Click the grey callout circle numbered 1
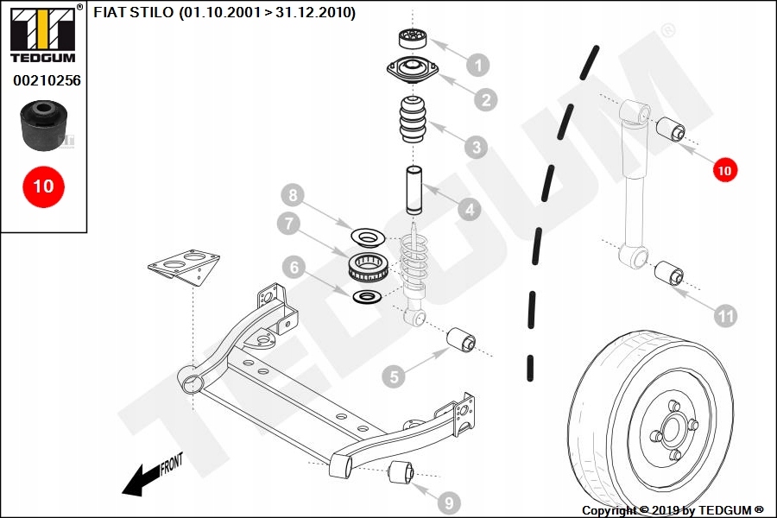pyautogui.click(x=477, y=64)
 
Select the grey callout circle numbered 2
pyautogui.click(x=486, y=100)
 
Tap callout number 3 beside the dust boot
pyautogui.click(x=475, y=147)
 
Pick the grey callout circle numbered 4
pyautogui.click(x=469, y=209)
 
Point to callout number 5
pyautogui.click(x=394, y=376)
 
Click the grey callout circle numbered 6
pyautogui.click(x=294, y=268)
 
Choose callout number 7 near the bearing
pyautogui.click(x=289, y=224)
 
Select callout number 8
pyautogui.click(x=294, y=194)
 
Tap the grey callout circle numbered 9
pyautogui.click(x=448, y=502)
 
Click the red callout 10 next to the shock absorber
pyautogui.click(x=724, y=170)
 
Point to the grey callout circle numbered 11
pyautogui.click(x=726, y=316)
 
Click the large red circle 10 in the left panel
pyautogui.click(x=43, y=185)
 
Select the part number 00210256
pyautogui.click(x=46, y=80)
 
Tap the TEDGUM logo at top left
pyautogui.click(x=42, y=33)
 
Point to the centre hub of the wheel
pyautogui.click(x=670, y=427)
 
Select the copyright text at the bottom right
pyautogui.click(x=672, y=510)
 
